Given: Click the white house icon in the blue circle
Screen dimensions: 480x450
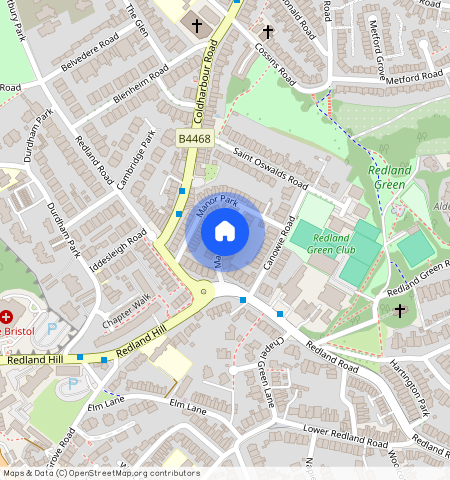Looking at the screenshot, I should [225, 232].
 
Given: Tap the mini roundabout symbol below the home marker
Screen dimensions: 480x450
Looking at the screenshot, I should [204, 292].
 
